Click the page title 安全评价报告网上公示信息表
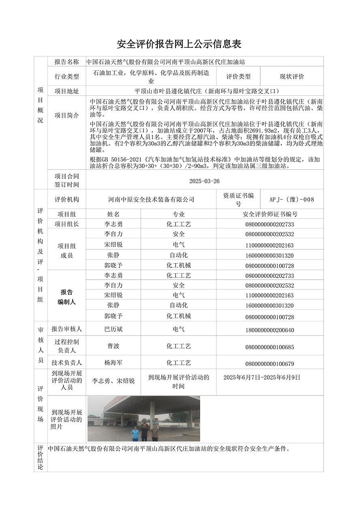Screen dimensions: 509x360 click(179, 44)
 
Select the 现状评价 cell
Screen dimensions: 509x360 click(291, 76)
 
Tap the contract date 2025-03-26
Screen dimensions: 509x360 click(204, 181)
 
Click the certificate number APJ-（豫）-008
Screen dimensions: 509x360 click(291, 199)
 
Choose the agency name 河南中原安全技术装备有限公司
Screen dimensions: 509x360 click(151, 199)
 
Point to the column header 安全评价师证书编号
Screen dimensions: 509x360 click(270, 214)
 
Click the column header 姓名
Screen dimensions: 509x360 click(114, 214)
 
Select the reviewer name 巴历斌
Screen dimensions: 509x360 click(114, 329)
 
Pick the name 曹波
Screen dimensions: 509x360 click(114, 346)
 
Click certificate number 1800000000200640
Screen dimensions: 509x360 click(270, 330)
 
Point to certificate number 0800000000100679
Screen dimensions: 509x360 click(270, 364)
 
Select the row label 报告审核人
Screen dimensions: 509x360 click(66, 329)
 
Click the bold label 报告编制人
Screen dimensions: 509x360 click(66, 297)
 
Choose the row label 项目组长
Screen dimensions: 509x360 click(66, 224)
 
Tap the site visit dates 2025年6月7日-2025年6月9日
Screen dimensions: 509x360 click(262, 377)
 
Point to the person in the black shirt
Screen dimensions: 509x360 click(144, 432)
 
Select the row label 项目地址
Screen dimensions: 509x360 click(66, 91)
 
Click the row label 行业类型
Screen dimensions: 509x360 click(66, 76)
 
